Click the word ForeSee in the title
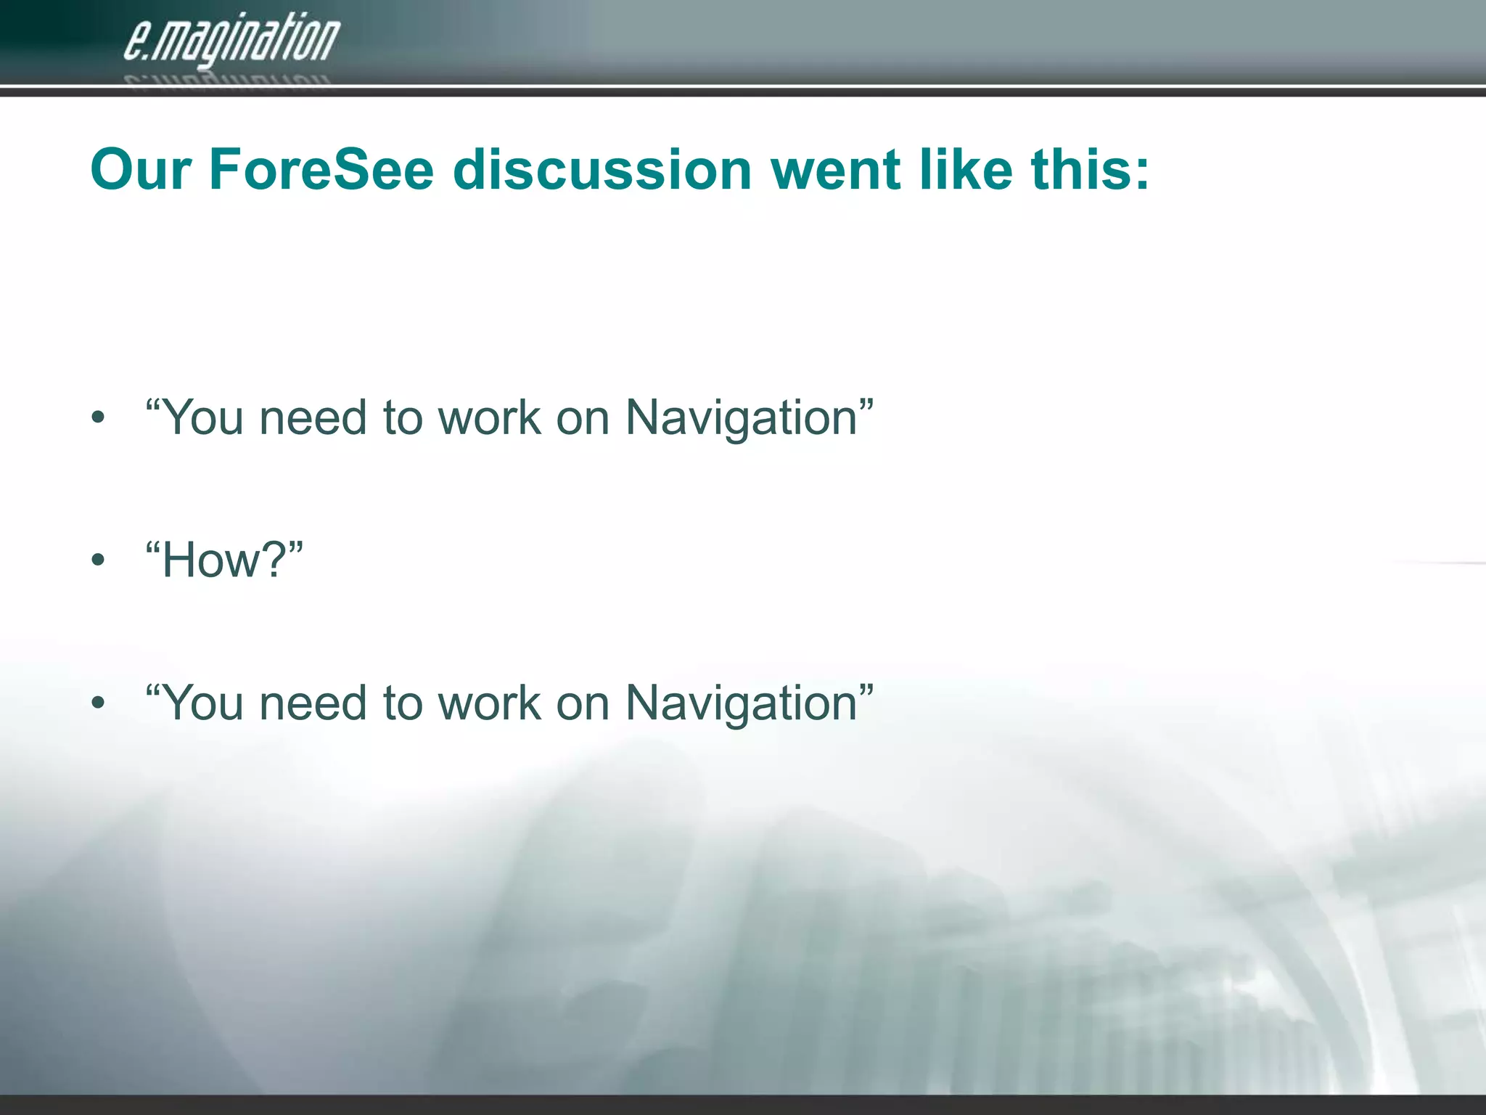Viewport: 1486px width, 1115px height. point(321,169)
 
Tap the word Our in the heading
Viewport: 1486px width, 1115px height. point(141,169)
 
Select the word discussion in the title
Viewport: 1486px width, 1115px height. point(602,169)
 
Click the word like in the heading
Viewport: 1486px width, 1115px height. point(966,169)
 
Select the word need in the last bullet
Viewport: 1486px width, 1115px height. point(313,703)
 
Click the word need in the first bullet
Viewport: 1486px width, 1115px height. point(313,419)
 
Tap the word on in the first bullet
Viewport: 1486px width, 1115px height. point(583,419)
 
